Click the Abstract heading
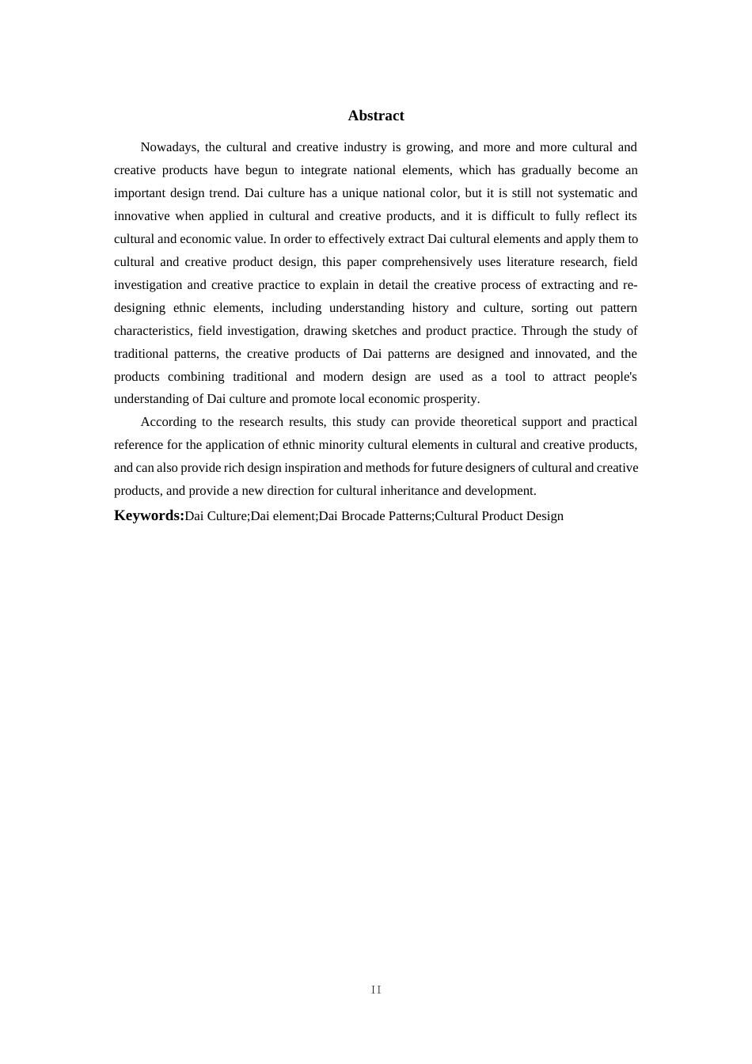click(376, 116)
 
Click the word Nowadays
click(169, 147)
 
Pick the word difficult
click(513, 216)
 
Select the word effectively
click(355, 239)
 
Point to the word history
click(430, 308)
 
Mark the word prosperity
click(450, 399)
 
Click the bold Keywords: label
click(149, 515)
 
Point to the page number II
click(376, 990)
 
